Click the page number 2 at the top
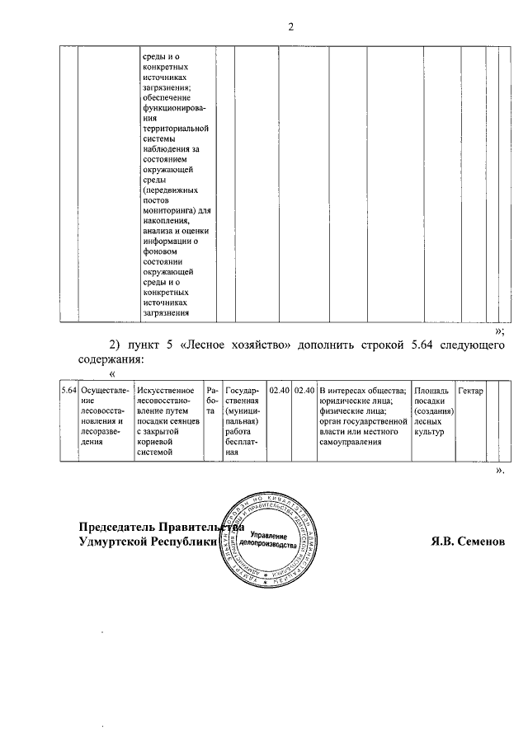[x=290, y=26]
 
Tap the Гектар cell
[x=470, y=390]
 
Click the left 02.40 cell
[x=280, y=390]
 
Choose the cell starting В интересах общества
[x=363, y=415]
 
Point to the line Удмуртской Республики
[x=145, y=542]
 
